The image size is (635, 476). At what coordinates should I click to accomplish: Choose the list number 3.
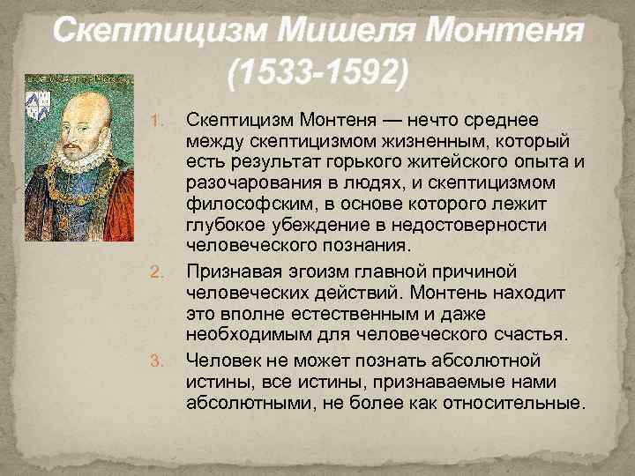tap(161, 360)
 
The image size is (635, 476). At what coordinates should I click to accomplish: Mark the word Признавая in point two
tap(232, 270)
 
